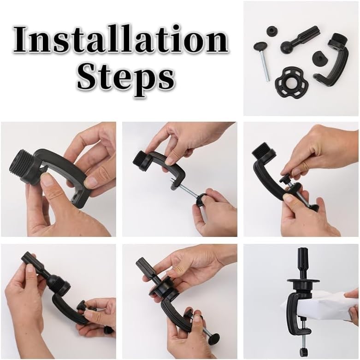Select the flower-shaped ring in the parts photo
(292, 83)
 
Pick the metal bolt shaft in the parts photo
(265, 65)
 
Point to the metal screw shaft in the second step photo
(186, 189)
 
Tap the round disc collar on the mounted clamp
(303, 281)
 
